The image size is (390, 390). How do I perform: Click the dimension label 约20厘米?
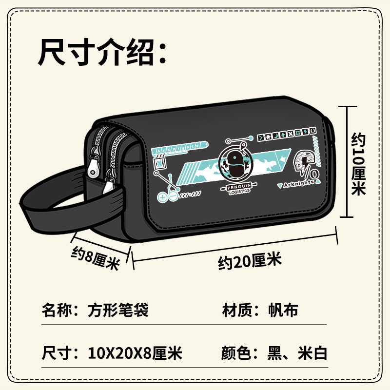click(250, 261)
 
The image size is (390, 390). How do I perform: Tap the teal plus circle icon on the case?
click(163, 197)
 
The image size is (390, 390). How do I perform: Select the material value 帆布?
click(283, 310)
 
